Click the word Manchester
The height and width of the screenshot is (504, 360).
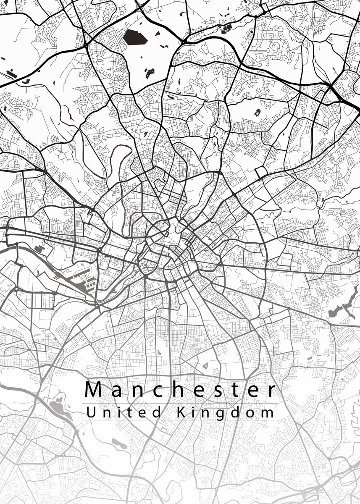(181, 390)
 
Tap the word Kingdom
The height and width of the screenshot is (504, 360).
(225, 412)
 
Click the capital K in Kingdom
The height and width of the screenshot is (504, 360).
(181, 412)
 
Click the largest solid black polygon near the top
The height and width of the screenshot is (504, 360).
(134, 37)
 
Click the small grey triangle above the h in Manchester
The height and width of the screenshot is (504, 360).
(205, 366)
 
